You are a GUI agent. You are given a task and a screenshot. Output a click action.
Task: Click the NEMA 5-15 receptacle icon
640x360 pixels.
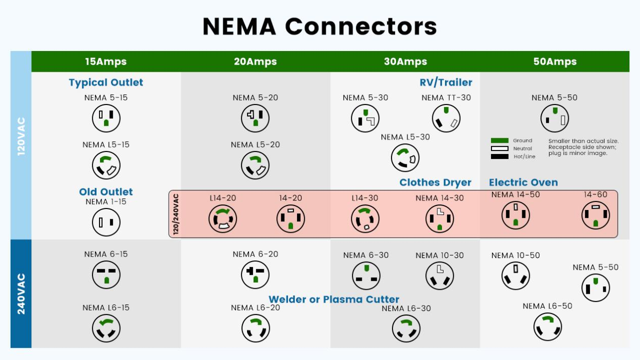(x=106, y=119)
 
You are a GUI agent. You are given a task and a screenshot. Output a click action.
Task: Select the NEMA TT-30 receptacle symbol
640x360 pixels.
(x=446, y=119)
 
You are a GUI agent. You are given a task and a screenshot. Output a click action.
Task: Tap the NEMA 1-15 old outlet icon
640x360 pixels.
(x=106, y=222)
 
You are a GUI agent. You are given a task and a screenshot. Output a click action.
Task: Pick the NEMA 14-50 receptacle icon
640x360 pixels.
(x=516, y=215)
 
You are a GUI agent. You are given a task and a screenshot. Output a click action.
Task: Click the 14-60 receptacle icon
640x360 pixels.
(x=596, y=215)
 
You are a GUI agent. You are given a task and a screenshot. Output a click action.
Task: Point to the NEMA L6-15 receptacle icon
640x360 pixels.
(x=106, y=329)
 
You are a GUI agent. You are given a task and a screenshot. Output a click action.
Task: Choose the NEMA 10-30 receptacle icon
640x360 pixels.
(x=439, y=276)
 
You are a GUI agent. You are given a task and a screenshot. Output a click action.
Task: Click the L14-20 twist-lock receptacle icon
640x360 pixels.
(x=223, y=219)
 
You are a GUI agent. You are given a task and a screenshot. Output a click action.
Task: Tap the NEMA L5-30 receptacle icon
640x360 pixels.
(x=405, y=158)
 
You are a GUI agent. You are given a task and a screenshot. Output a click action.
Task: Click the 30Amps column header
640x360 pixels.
(x=405, y=62)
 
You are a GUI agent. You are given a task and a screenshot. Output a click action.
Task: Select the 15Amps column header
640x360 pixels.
(x=106, y=62)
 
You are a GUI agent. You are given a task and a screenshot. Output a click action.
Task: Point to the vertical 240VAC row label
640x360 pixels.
(x=21, y=294)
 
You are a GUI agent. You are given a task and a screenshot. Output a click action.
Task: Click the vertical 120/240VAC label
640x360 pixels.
(x=176, y=214)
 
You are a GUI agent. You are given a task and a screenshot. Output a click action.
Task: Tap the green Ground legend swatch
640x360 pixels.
(x=500, y=141)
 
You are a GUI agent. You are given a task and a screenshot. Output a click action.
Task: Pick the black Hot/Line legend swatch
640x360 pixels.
(x=500, y=157)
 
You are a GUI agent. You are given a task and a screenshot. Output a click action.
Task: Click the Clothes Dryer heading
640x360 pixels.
(x=435, y=182)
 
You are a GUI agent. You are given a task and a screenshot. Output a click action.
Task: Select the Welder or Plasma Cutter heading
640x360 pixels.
(x=334, y=299)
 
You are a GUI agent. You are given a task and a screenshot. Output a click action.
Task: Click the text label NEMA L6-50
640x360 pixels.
(x=547, y=306)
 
